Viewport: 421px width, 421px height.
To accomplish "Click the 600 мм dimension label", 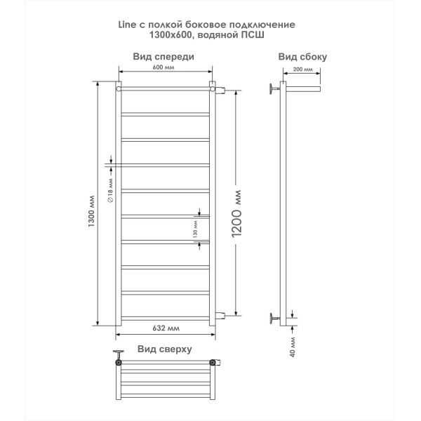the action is point(163,67).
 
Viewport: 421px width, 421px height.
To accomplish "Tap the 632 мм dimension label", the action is point(166,328).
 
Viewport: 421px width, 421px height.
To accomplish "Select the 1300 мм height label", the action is point(91,211).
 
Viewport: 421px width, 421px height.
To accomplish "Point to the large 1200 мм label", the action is point(236,214).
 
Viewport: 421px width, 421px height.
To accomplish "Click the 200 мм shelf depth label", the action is point(302,69).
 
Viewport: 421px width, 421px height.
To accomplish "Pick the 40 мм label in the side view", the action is point(293,347).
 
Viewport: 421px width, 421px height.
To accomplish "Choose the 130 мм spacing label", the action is point(195,229).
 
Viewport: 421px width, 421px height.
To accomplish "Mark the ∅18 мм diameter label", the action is point(110,190).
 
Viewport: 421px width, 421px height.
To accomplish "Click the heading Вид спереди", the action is point(163,57).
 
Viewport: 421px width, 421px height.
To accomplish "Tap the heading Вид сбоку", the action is point(302,57).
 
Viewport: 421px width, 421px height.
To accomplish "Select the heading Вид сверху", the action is point(165,349).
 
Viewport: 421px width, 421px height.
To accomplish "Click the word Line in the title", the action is point(127,25).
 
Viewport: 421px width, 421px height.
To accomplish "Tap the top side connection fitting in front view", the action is point(221,90).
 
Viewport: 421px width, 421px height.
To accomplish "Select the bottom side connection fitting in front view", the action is point(221,316).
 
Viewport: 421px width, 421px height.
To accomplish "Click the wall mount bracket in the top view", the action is point(119,354).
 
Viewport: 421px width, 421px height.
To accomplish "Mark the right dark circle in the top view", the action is point(213,363).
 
